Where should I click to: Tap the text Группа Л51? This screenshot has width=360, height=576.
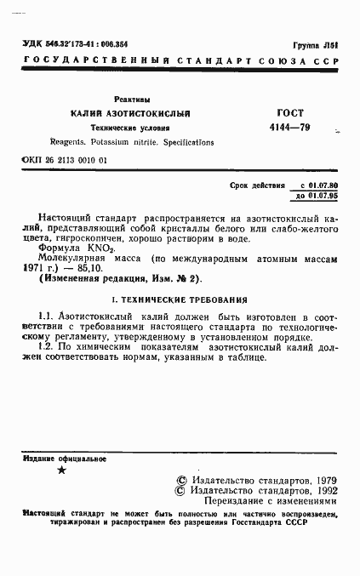point(314,45)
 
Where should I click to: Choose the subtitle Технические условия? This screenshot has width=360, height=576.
point(130,128)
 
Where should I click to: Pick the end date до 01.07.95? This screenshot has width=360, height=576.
point(317,196)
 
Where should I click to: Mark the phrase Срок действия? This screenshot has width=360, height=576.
point(254,185)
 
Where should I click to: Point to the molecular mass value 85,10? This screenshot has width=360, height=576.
point(91,266)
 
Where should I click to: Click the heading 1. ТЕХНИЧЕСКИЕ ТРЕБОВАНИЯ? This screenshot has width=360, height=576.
point(180,299)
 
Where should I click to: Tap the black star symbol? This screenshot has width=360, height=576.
point(60,470)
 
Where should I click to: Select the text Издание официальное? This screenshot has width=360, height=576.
point(57,459)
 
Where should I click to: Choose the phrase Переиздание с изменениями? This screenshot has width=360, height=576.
point(266,502)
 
